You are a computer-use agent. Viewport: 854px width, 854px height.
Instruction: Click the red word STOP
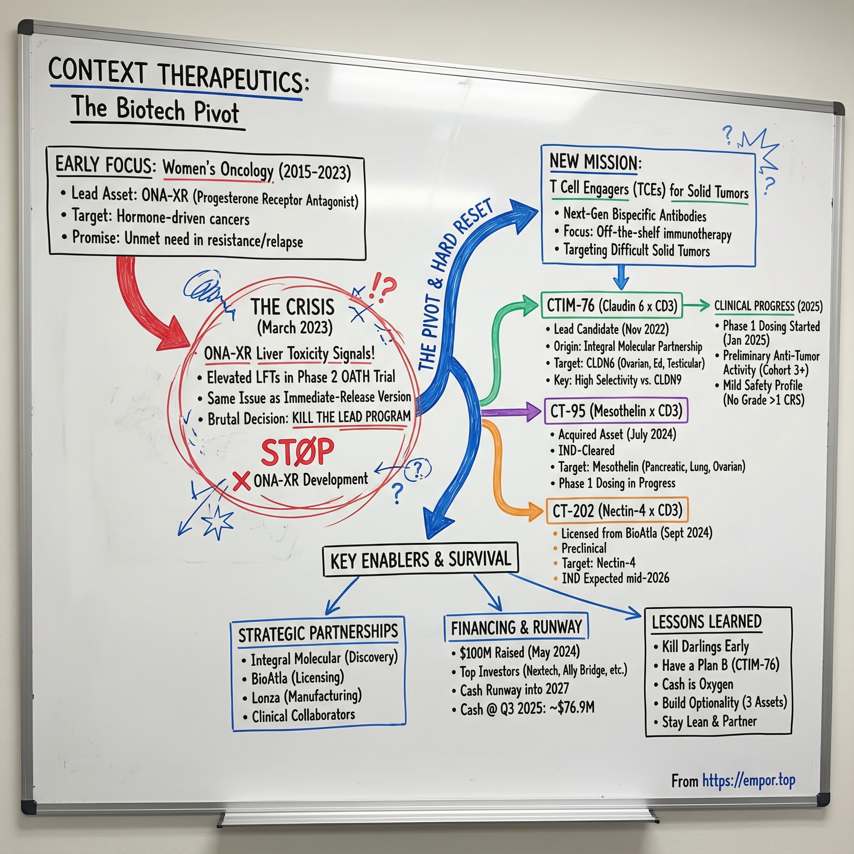click(x=297, y=452)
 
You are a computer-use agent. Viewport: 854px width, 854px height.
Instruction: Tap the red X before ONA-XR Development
click(x=241, y=481)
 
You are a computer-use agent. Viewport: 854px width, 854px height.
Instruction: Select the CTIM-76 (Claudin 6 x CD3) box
click(x=611, y=305)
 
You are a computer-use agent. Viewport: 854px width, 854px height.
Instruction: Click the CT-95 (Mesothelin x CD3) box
click(x=616, y=411)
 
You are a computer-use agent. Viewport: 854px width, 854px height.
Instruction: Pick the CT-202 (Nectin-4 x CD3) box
click(x=617, y=511)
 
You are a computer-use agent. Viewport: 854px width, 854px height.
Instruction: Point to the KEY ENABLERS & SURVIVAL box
click(x=420, y=560)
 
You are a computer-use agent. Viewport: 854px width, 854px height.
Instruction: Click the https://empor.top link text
click(x=749, y=781)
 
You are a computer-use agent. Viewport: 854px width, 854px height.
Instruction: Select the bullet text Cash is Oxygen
click(x=697, y=684)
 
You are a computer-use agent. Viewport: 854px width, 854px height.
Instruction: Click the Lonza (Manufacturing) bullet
click(x=306, y=697)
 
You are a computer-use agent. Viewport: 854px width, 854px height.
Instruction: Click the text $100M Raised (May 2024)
click(x=520, y=653)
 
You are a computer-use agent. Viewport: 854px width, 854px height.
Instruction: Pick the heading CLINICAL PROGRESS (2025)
click(x=768, y=306)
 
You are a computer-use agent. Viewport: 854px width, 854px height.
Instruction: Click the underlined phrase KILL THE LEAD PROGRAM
click(x=352, y=417)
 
